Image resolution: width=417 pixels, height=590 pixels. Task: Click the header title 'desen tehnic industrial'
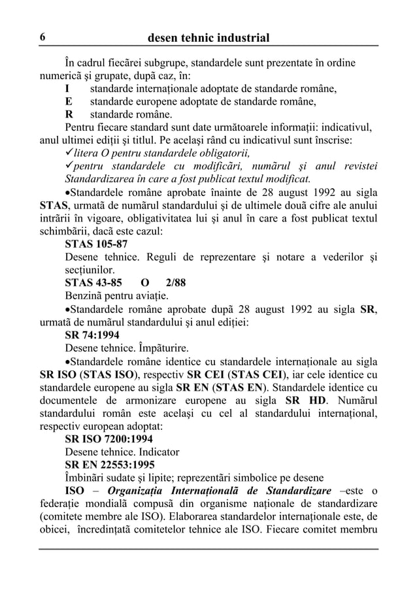pyautogui.click(x=208, y=38)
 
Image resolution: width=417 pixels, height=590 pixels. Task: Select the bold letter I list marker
pyautogui.click(x=67, y=88)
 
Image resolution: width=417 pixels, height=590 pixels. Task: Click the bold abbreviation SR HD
pyautogui.click(x=303, y=399)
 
